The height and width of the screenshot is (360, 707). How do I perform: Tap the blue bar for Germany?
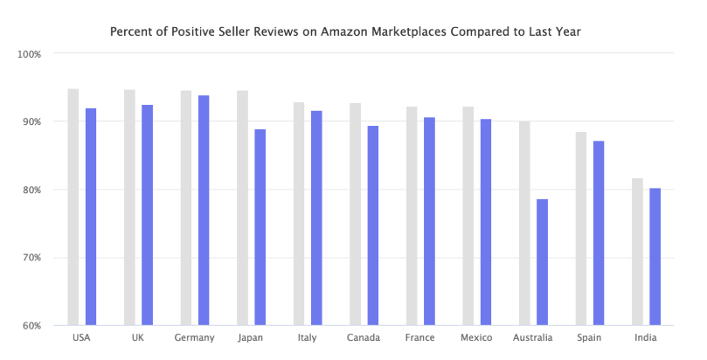[204, 210]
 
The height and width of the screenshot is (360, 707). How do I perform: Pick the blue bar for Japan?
[260, 227]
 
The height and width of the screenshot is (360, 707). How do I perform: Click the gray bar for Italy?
[299, 213]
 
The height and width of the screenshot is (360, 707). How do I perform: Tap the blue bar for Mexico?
[485, 222]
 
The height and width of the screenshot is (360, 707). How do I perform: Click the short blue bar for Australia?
[542, 262]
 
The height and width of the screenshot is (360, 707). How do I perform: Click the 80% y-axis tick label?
[32, 190]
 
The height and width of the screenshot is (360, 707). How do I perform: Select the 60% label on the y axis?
[32, 326]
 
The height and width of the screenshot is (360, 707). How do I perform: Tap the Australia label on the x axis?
[533, 338]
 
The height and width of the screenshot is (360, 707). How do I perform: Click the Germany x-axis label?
[194, 338]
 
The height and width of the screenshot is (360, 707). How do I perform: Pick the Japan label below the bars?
[251, 338]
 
